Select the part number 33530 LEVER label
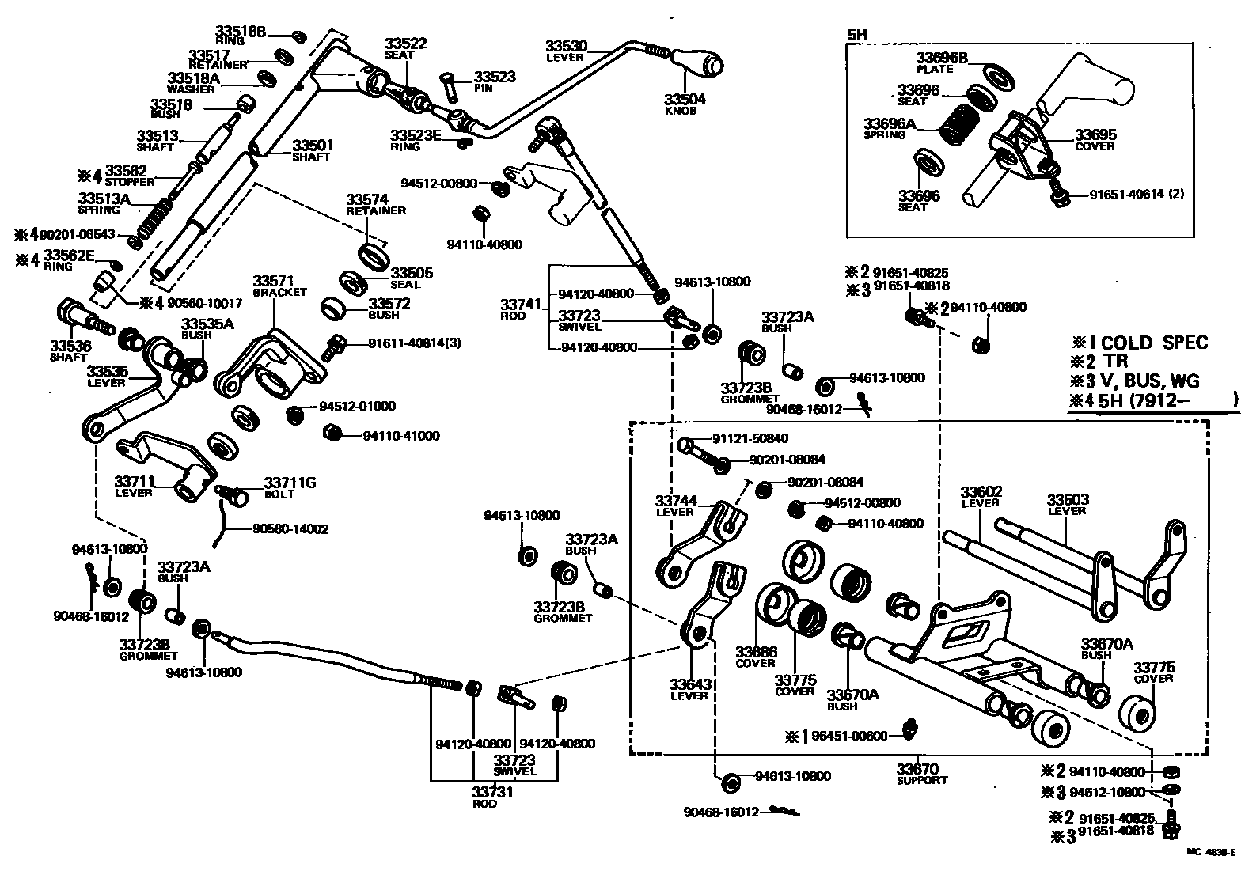pos(565,50)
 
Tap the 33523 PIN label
pos(495,81)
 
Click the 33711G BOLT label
pos(289,487)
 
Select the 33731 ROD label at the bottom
pos(495,797)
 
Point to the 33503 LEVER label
pos(1067,504)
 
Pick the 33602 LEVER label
pos(981,496)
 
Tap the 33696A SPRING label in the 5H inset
pos(889,128)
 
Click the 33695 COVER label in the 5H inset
pos(1095,139)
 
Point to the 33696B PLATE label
pos(942,62)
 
